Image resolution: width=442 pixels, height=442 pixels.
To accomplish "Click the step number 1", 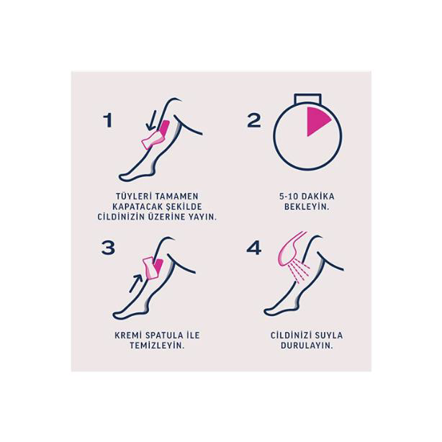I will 108,119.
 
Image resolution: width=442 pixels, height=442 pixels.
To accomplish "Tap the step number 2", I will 253,119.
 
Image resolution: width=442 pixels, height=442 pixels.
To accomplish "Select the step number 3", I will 108,248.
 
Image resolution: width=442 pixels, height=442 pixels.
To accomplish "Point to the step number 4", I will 253,248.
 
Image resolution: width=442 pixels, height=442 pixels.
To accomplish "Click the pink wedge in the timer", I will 317,121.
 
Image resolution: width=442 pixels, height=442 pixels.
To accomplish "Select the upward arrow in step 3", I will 136,279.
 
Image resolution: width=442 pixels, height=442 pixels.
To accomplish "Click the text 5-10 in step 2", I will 287,195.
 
